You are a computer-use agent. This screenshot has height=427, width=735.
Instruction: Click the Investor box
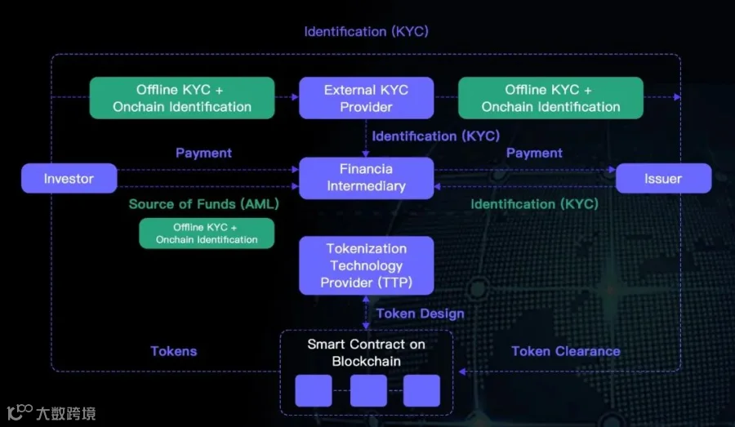[x=69, y=179]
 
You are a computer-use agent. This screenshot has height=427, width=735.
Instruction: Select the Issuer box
[x=663, y=179]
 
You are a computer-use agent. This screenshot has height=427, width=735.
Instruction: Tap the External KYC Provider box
[x=366, y=98]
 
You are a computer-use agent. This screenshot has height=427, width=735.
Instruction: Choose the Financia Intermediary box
[x=366, y=178]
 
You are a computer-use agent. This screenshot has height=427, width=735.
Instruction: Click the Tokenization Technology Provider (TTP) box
[x=366, y=265]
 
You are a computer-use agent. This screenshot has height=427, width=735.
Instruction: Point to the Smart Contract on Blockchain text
[x=366, y=353]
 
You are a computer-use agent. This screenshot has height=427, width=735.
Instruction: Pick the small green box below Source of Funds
[x=207, y=234]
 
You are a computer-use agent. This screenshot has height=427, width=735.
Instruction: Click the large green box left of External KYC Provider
[x=182, y=98]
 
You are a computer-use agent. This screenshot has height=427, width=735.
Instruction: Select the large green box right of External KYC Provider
[x=550, y=98]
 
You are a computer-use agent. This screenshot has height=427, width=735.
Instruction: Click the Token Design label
[x=420, y=314]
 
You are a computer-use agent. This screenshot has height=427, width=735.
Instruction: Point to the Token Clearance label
[x=565, y=351]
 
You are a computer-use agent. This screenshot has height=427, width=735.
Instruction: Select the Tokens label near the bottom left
[x=174, y=351]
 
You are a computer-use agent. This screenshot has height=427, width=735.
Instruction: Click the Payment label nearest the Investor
[x=203, y=153]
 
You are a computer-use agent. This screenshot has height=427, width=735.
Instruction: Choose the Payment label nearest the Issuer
[x=534, y=153]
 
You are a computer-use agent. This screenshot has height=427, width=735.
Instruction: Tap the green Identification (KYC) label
[x=534, y=204]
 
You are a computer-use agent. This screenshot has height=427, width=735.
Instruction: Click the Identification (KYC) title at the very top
[x=366, y=32]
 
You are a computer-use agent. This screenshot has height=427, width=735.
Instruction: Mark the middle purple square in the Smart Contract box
[x=368, y=391]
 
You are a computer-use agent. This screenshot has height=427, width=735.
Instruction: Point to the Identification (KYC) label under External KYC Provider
[x=436, y=136]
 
